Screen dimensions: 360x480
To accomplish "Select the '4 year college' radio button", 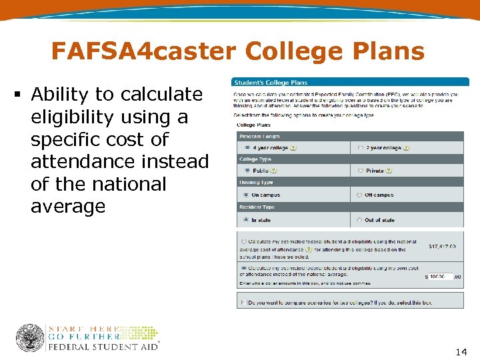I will pyautogui.click(x=247, y=147).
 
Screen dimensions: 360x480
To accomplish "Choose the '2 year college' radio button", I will pyautogui.click(x=361, y=147).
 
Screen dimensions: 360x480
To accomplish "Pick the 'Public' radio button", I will pyautogui.click(x=247, y=171).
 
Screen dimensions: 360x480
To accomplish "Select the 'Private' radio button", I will pyautogui.click(x=361, y=171).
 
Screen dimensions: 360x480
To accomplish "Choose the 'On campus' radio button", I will pyautogui.click(x=247, y=195).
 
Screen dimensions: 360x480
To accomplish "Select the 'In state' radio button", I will pyautogui.click(x=247, y=220).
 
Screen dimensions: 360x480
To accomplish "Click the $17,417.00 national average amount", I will pyautogui.click(x=442, y=247).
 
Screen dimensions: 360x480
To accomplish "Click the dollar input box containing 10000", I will pyautogui.click(x=441, y=276).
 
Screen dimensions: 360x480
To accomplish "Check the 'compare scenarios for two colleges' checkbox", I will pyautogui.click(x=243, y=302).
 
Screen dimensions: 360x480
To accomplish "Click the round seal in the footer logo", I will pyautogui.click(x=29, y=338).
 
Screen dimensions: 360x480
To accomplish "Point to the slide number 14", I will pyautogui.click(x=460, y=351).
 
